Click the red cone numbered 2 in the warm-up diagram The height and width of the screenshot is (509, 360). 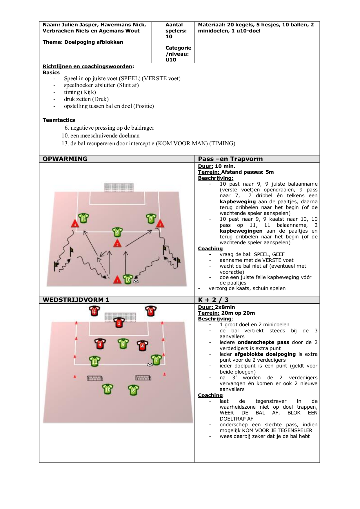117,243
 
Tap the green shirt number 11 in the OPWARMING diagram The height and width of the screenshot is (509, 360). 83,218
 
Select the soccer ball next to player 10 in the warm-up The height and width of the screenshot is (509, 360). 136,281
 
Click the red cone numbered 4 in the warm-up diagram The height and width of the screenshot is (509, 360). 75,224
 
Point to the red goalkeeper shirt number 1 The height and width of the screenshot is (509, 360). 119,323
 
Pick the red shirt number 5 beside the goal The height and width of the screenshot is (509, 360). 150,311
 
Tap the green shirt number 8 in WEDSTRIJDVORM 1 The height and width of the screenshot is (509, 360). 133,390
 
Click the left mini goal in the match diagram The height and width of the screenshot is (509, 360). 95,378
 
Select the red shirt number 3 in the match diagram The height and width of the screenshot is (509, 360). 100,344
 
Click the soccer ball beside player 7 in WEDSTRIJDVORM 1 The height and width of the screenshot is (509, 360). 149,364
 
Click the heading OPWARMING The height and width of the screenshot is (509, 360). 65,159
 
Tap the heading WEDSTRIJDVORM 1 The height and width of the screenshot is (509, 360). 76,300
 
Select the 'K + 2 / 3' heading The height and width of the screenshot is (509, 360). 213,300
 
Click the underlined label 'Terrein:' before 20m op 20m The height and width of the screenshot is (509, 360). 208,313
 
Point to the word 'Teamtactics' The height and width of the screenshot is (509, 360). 59,120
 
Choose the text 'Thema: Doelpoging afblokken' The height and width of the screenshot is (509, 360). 83,42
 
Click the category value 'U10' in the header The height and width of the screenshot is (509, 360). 171,60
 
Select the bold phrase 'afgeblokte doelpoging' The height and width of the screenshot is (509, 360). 265,354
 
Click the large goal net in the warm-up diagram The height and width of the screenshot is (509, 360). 119,187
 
